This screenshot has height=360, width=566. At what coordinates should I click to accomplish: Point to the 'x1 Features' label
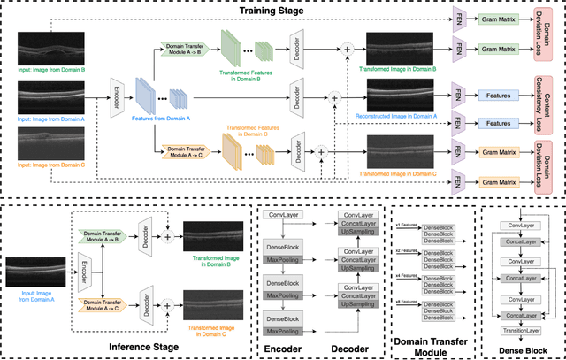coord(408,226)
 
